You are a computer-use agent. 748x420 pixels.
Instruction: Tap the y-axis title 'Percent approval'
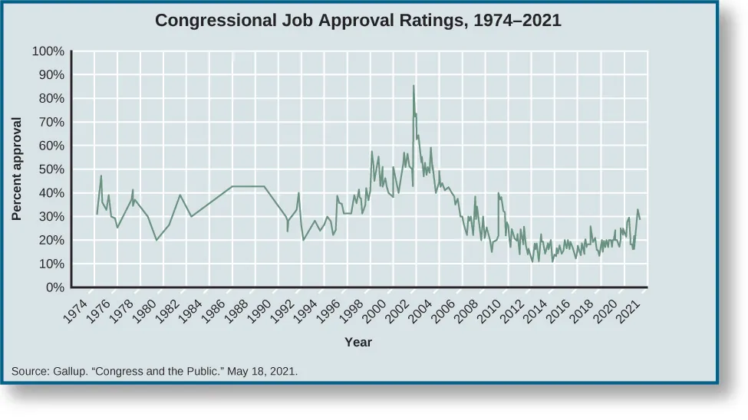[x=17, y=169]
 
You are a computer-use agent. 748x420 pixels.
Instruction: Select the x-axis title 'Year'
[x=358, y=342]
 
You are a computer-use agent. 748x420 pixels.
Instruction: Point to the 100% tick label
[x=48, y=52]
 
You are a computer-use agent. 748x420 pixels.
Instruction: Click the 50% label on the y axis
[x=51, y=170]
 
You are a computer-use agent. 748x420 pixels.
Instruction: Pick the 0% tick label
[x=54, y=288]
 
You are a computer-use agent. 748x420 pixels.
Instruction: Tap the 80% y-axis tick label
[x=51, y=99]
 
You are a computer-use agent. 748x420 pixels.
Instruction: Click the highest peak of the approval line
[x=414, y=86]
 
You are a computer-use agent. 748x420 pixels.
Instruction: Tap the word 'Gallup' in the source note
[x=70, y=372]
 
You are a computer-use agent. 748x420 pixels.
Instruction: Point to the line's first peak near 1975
[x=101, y=176]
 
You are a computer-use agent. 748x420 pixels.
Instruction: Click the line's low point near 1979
[x=157, y=240]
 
